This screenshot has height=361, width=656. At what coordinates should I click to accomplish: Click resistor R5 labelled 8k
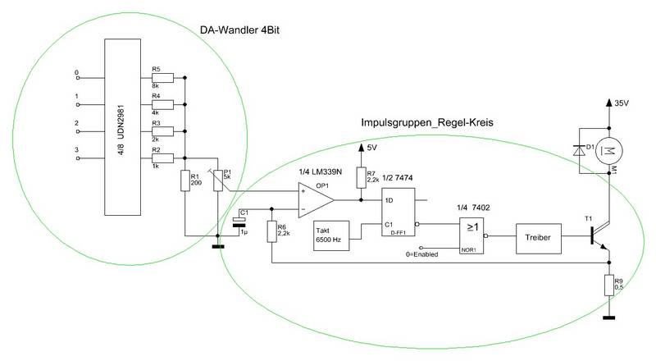pyautogui.click(x=162, y=78)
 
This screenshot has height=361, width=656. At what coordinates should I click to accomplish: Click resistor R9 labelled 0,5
pyautogui.click(x=608, y=286)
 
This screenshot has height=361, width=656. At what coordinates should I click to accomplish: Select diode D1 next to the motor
pyautogui.click(x=584, y=150)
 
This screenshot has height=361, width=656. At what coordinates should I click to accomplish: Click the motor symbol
pyautogui.click(x=608, y=149)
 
